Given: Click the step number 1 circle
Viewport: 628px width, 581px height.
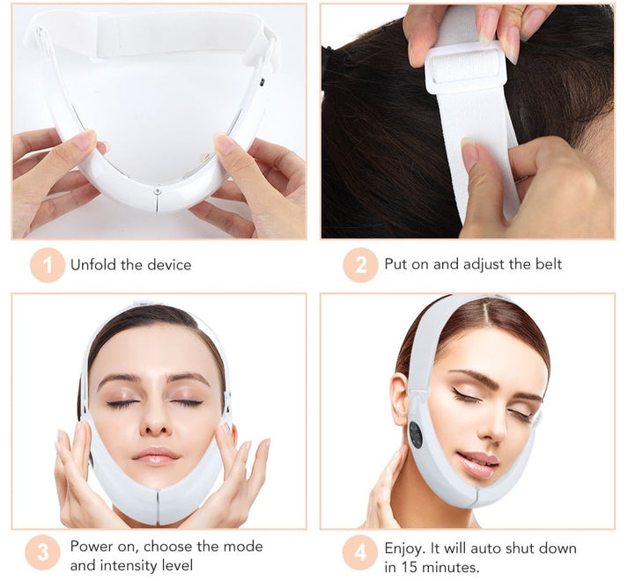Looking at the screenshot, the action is [x=48, y=265].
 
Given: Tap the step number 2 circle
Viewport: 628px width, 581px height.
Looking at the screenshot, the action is [x=360, y=265].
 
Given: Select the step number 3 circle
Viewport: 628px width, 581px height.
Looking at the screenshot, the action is [x=42, y=553].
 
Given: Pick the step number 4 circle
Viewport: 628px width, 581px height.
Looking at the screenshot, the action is [x=360, y=553].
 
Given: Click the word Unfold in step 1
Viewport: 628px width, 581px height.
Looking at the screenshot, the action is [x=93, y=265].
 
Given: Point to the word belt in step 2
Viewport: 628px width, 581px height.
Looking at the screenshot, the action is [x=549, y=264].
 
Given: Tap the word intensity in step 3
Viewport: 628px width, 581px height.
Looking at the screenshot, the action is [x=129, y=566].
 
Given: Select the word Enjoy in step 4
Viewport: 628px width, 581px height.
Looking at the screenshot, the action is [x=404, y=548].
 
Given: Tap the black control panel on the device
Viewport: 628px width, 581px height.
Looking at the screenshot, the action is [x=416, y=435].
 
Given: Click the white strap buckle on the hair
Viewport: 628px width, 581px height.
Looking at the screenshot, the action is [x=465, y=66].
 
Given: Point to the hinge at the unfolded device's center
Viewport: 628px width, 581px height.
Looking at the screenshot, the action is [x=157, y=191].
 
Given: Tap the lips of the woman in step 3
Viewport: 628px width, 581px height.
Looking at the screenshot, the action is [x=155, y=456].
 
